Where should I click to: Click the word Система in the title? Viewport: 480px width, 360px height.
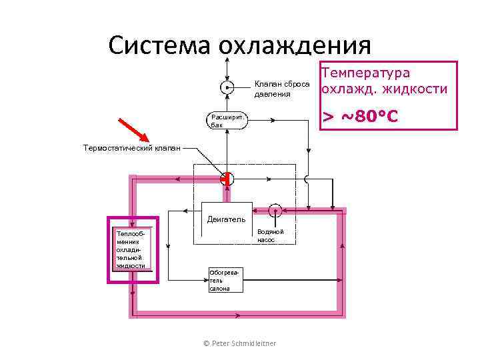[157, 45]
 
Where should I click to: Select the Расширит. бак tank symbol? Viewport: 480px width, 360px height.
[226, 121]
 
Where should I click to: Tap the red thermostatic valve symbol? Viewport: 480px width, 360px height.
[226, 179]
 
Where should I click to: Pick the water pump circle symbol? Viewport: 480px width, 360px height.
[275, 211]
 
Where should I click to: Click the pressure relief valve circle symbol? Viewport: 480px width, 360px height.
[226, 87]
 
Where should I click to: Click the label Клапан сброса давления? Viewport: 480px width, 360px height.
[277, 89]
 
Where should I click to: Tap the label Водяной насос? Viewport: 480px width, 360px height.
[271, 235]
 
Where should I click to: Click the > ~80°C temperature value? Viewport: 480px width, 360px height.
[360, 117]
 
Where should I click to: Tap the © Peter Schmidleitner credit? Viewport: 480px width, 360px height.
[239, 343]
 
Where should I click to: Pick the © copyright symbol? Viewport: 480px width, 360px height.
[207, 343]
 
